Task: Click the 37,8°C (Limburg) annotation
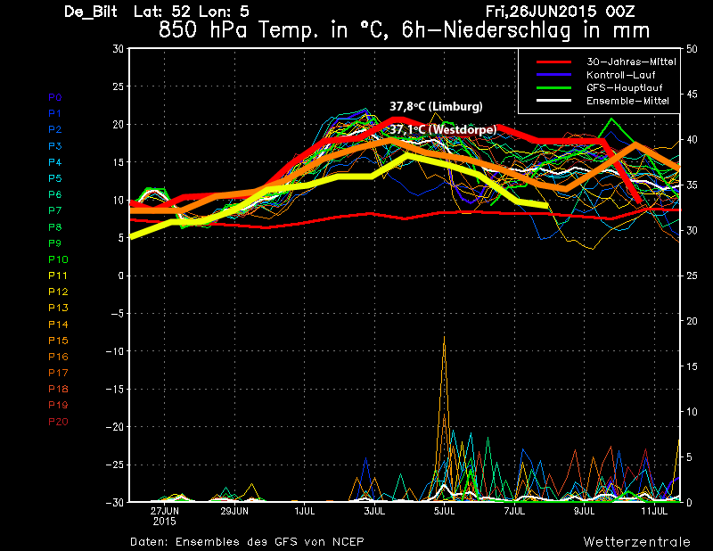[436, 106]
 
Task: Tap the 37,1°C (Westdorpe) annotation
[443, 129]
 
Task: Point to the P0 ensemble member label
[55, 97]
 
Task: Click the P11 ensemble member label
[58, 275]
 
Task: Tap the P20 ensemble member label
[58, 422]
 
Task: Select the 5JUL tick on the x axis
[444, 512]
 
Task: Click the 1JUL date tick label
[305, 512]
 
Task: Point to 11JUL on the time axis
[654, 512]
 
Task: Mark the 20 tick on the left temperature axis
[118, 124]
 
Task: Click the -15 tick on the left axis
[115, 389]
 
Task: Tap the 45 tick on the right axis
[692, 95]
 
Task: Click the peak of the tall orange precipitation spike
[444, 336]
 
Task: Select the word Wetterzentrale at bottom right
[636, 542]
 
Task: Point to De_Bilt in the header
[91, 12]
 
